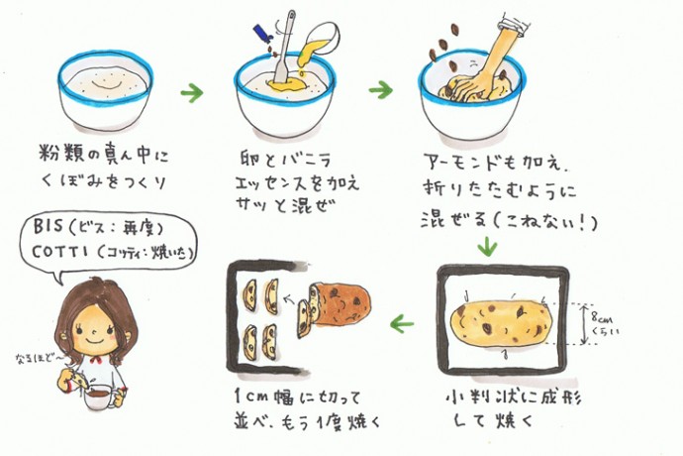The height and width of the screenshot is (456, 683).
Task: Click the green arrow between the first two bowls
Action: click(x=192, y=94)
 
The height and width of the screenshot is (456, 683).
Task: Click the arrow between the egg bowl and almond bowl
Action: click(x=380, y=90)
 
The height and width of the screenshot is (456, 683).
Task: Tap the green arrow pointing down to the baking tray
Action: click(x=485, y=245)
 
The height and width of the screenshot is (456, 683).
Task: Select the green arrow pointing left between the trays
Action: click(x=402, y=323)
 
